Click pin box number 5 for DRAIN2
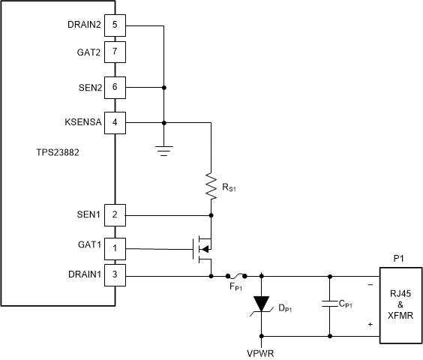coord(115,25)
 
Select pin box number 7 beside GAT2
coord(115,52)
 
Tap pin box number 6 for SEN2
coord(115,87)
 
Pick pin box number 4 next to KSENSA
coord(115,121)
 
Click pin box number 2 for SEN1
coord(115,214)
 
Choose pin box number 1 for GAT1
coord(115,247)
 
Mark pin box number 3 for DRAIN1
coord(115,275)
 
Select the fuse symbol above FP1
coord(235,276)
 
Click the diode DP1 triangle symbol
coord(260,304)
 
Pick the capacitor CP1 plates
coord(328,304)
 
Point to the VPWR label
coord(260,349)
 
